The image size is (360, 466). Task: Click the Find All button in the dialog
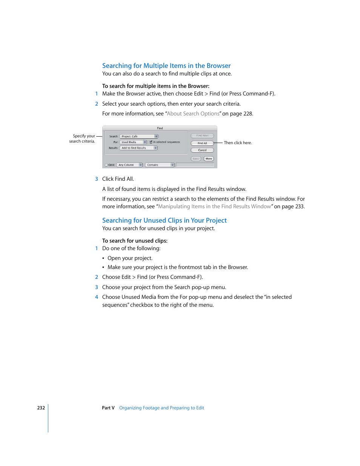[202, 143]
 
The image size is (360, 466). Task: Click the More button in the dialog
[209, 159]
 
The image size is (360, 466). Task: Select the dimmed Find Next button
[202, 135]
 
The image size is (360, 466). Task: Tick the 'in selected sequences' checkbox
[151, 142]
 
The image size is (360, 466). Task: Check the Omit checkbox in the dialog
[106, 165]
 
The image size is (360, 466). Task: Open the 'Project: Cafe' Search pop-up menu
[139, 136]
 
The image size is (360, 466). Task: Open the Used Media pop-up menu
[133, 142]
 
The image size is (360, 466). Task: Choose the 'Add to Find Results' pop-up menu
[138, 148]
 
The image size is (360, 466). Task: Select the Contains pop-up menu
[160, 165]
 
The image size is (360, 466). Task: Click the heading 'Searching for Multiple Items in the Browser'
[166, 66]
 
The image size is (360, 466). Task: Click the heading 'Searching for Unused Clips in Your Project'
[164, 220]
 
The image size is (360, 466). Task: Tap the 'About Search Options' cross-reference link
[193, 114]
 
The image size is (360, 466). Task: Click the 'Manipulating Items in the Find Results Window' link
[214, 206]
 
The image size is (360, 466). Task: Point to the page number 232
[41, 408]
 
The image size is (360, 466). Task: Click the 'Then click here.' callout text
[238, 143]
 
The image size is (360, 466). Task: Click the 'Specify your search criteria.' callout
[82, 138]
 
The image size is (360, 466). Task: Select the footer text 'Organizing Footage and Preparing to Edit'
[162, 408]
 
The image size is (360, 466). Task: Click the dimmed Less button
[196, 159]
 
